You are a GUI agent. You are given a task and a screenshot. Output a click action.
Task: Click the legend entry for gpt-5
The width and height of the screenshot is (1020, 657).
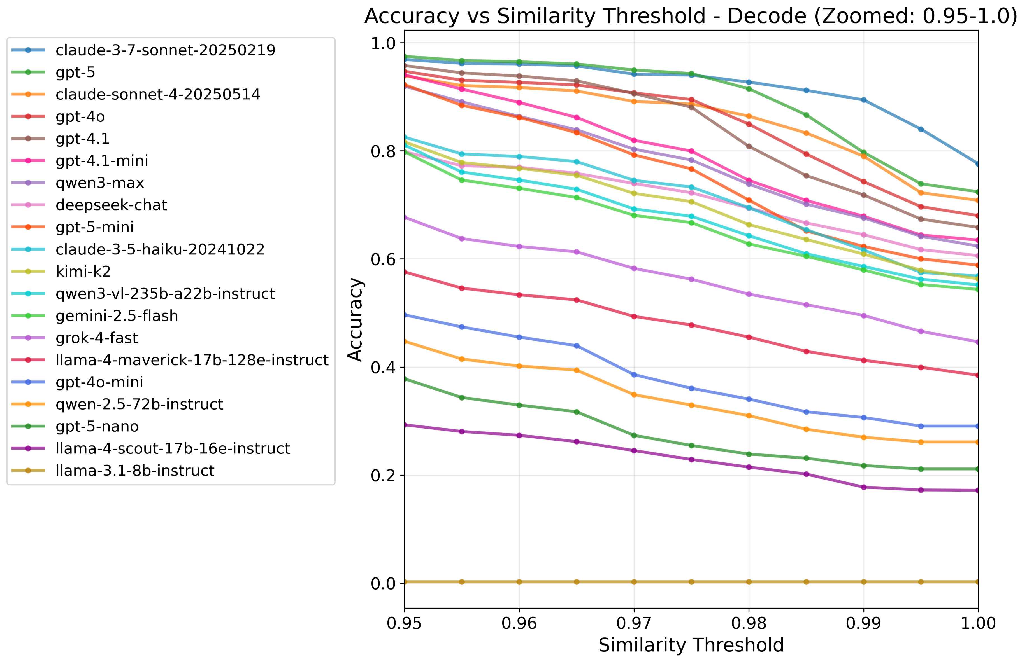click(75, 73)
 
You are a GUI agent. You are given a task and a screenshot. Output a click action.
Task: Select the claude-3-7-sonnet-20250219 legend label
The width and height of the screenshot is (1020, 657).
click(165, 50)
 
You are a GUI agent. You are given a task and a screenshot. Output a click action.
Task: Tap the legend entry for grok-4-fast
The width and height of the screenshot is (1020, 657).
click(96, 338)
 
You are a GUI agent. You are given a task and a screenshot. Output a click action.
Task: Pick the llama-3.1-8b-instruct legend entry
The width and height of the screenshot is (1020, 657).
click(135, 471)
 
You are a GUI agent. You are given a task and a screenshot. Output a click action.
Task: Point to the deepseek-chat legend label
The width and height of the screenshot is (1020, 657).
click(111, 205)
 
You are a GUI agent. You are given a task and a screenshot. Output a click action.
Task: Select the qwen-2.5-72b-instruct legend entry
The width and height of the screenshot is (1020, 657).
click(139, 404)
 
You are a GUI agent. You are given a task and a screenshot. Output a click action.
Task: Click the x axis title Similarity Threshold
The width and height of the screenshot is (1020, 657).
click(691, 645)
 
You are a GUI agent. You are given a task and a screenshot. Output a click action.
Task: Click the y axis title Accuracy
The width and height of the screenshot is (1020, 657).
click(355, 319)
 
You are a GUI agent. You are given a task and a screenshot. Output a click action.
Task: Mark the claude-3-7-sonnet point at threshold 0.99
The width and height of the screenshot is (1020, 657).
click(863, 100)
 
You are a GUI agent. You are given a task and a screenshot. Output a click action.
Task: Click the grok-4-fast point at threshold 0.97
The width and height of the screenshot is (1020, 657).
click(634, 268)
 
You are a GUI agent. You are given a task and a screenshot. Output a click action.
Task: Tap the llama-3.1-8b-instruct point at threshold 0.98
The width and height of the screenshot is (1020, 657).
click(749, 582)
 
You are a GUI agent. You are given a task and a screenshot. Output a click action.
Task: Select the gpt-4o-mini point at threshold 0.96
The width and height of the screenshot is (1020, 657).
click(519, 337)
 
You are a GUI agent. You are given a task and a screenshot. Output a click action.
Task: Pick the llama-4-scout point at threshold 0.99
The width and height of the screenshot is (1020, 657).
click(863, 487)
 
